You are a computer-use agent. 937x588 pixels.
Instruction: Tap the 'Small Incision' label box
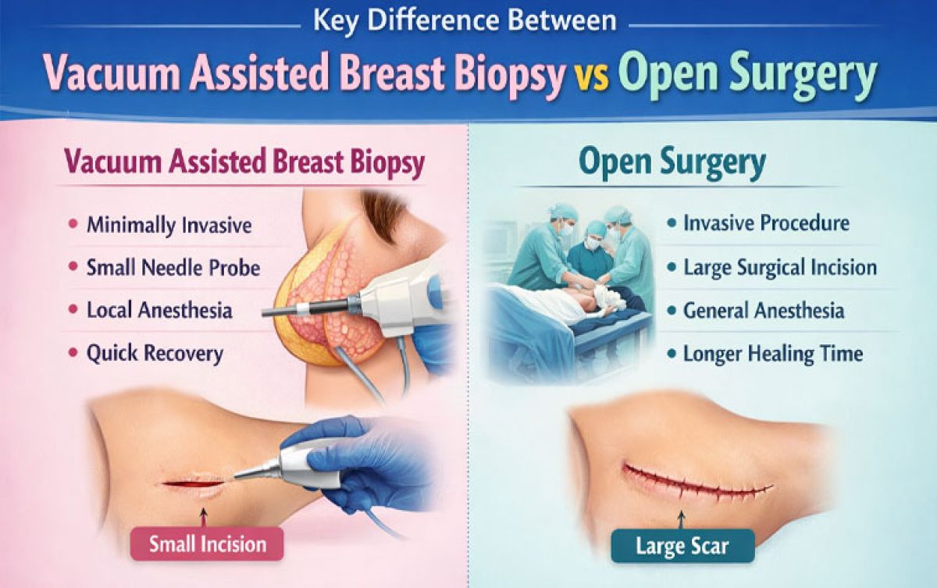tap(208, 543)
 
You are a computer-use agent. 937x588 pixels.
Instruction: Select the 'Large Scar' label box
tap(683, 545)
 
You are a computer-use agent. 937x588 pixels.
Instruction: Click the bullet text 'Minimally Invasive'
tap(169, 226)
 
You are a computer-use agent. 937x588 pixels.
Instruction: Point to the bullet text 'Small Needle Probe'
tap(173, 268)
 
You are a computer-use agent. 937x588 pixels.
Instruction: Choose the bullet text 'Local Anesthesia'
tap(159, 310)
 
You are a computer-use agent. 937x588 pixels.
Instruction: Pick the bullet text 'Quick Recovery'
tap(155, 353)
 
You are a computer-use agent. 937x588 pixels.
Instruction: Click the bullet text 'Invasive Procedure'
tap(766, 223)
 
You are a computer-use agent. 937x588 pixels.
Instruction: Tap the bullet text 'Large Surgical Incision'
tap(780, 268)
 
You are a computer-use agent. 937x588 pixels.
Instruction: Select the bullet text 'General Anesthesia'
tap(764, 311)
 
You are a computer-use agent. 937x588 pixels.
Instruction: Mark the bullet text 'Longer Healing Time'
tap(773, 354)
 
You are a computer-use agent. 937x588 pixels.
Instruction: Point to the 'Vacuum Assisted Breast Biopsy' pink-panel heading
tap(244, 163)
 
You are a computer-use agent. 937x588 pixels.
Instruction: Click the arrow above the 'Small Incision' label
tap(205, 515)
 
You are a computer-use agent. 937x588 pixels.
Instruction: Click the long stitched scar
tap(695, 484)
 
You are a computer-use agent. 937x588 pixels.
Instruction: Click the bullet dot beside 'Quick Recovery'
tap(73, 354)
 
